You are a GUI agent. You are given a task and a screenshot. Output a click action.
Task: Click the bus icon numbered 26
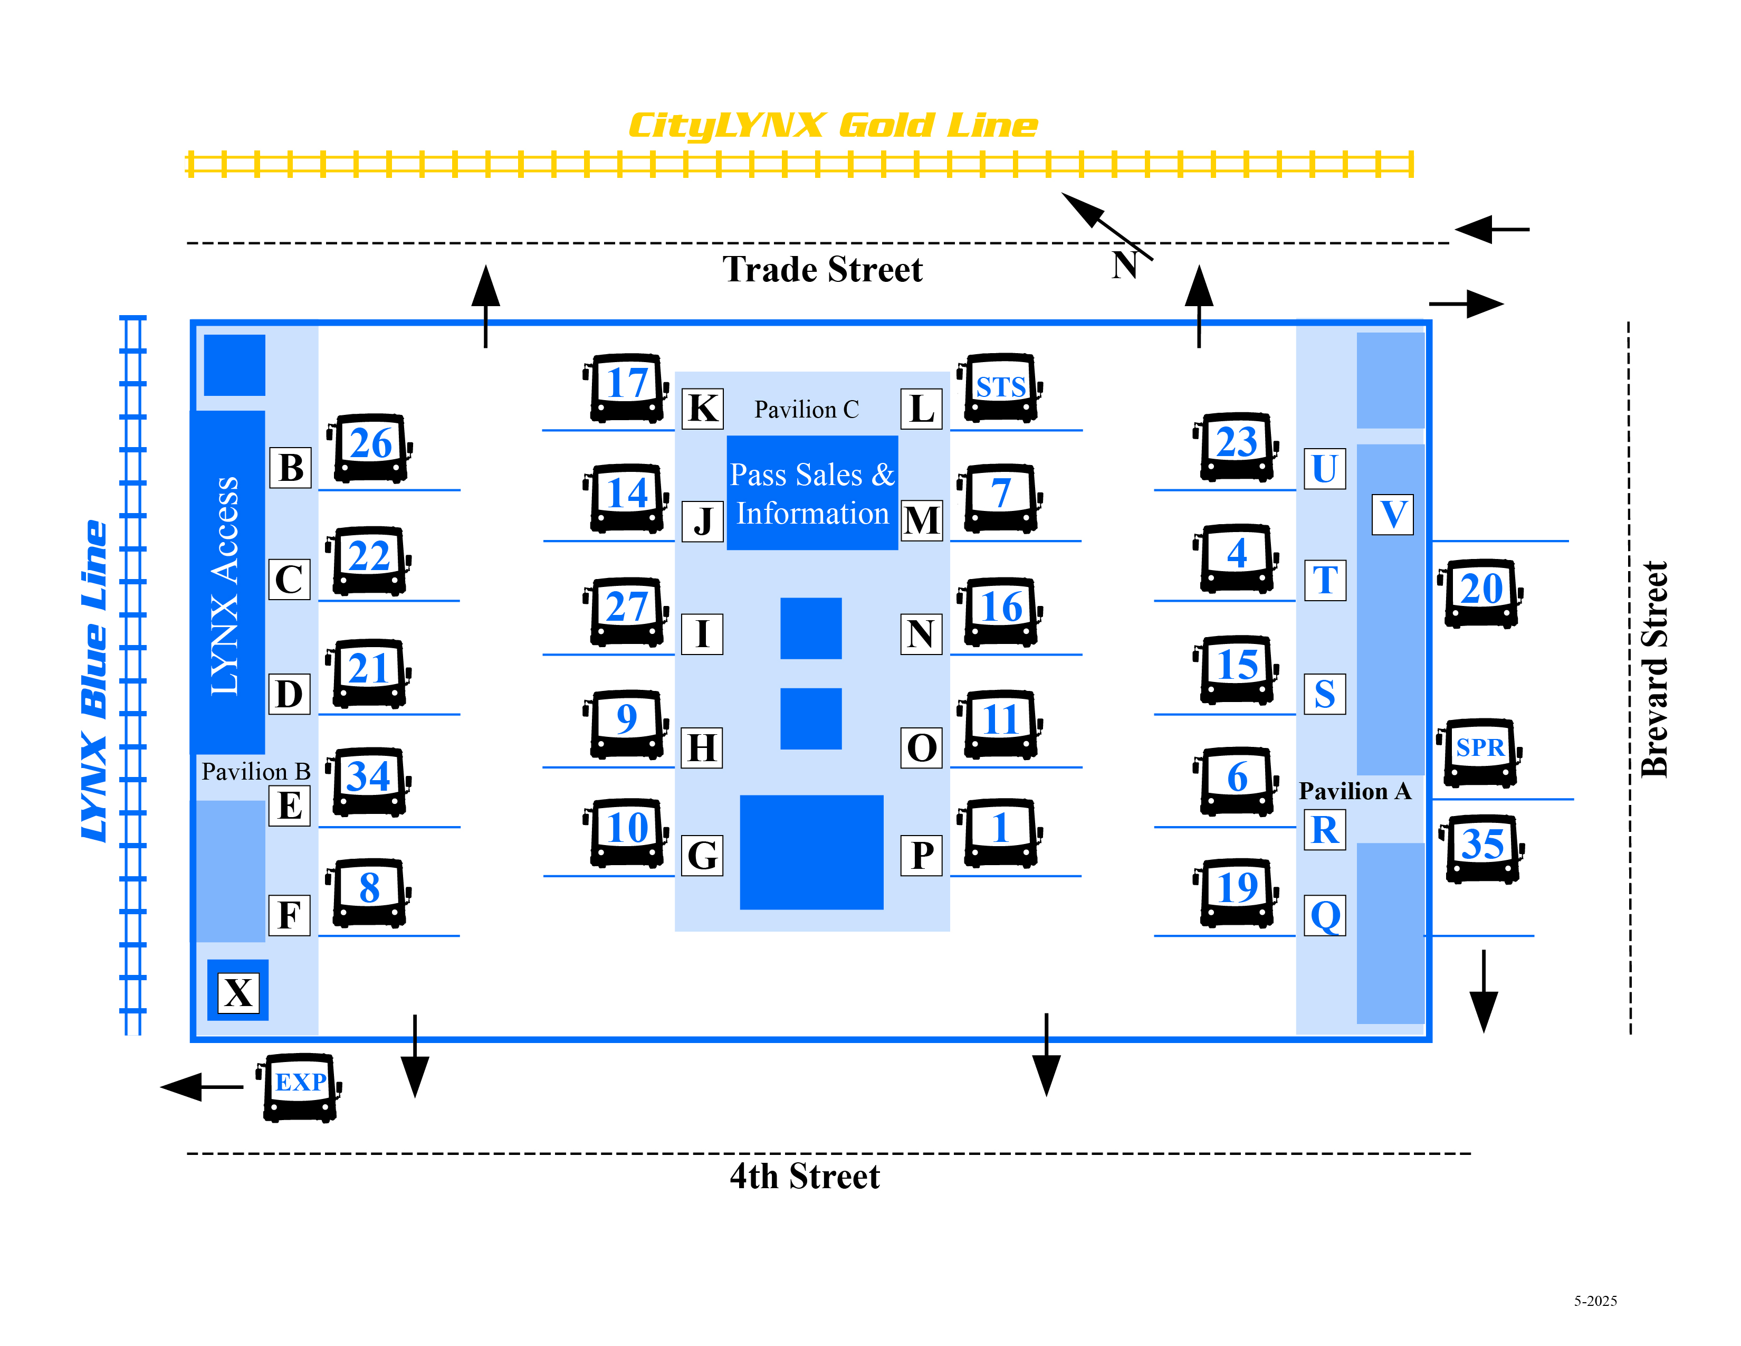pos(370,447)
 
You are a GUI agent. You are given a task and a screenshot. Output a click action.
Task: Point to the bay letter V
pos(1393,514)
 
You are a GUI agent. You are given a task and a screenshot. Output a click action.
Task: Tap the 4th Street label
pos(805,1176)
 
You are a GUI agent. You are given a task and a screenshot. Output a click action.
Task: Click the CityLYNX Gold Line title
pos(833,125)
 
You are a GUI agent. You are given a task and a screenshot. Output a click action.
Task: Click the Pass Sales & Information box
pos(811,494)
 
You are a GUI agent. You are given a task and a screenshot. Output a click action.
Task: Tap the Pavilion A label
pos(1354,791)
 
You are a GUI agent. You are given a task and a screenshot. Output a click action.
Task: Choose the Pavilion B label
pos(255,771)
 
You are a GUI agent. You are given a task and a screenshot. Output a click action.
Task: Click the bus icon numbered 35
pos(1482,847)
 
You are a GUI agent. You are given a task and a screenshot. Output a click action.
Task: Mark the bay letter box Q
pos(1325,915)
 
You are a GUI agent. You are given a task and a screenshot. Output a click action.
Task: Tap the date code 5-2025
pos(1594,1301)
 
